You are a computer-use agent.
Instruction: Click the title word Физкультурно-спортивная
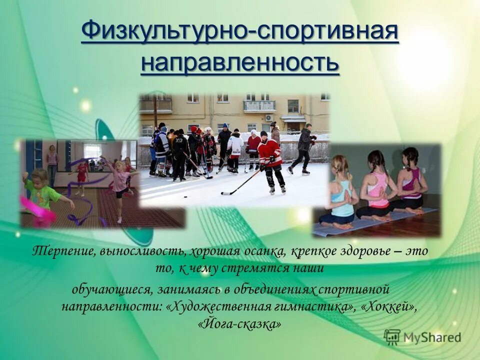[x=239, y=33]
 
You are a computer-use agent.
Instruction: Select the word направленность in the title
[x=239, y=63]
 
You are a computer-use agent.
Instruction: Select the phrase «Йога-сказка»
[x=239, y=324]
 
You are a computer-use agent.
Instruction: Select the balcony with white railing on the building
[x=259, y=106]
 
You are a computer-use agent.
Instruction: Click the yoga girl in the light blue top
[x=342, y=192]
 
